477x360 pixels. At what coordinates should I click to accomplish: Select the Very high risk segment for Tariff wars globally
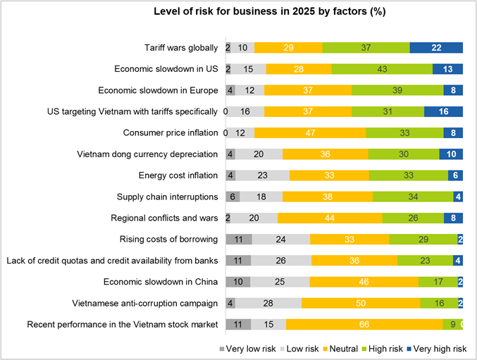click(436, 48)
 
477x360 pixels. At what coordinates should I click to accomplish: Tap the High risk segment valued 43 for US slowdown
click(382, 69)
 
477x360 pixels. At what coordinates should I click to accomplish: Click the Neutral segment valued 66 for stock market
click(364, 325)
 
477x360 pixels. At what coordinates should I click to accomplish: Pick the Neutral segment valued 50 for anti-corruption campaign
click(361, 304)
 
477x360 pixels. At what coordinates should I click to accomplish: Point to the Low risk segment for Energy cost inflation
click(262, 175)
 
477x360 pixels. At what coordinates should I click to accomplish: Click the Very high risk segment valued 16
click(443, 112)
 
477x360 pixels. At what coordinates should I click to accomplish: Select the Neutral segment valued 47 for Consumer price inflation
click(310, 133)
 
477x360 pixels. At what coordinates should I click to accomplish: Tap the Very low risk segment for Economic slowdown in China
click(237, 283)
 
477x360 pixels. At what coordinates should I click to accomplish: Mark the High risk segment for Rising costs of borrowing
click(422, 240)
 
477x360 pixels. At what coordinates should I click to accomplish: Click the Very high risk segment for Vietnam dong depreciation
click(450, 154)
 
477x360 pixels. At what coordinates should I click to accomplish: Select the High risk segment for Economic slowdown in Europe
click(397, 91)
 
